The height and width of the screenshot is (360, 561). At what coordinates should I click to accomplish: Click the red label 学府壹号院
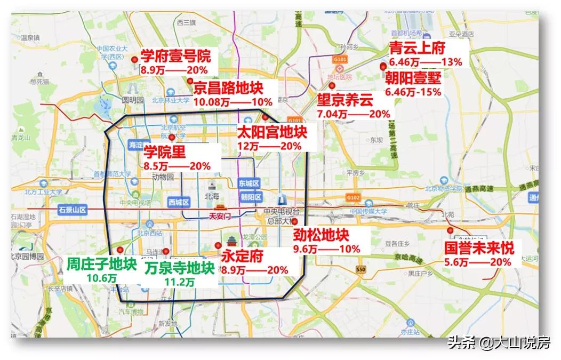tap(175, 56)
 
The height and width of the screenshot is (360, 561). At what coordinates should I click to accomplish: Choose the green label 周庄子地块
tap(102, 265)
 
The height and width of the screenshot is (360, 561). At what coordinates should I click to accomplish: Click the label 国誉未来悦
tap(479, 249)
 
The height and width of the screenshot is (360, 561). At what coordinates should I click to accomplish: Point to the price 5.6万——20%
tap(478, 262)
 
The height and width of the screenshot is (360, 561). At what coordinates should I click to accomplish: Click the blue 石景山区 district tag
tap(73, 210)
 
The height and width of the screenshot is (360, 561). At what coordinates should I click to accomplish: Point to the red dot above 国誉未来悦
tap(451, 230)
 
